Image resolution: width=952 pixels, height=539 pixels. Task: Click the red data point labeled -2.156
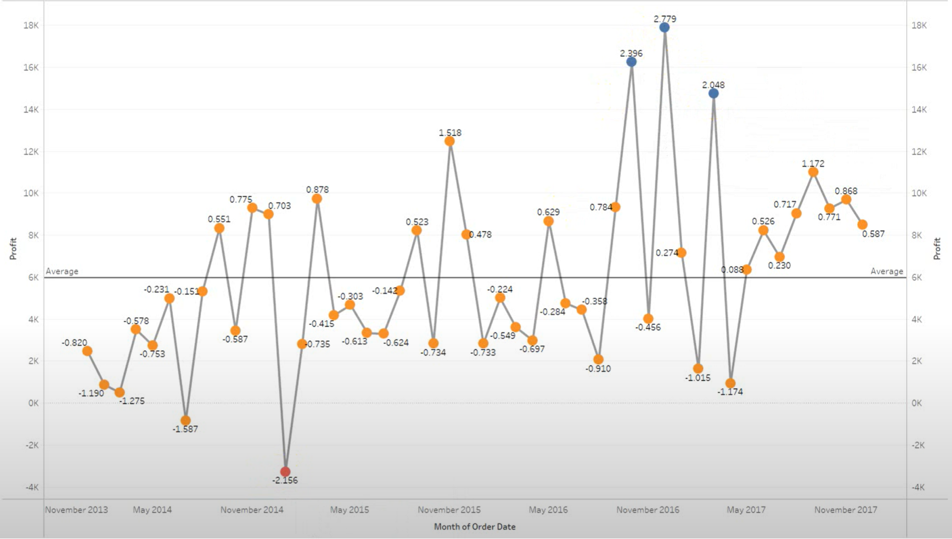285,472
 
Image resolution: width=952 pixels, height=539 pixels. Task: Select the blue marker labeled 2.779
664,27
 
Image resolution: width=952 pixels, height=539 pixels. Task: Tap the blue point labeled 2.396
631,62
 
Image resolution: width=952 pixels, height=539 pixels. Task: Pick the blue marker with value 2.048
713,94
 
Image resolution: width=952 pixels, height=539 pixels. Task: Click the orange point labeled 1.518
450,141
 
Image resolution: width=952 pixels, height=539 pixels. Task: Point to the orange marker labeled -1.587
186,420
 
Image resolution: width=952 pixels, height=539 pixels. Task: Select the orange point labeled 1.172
813,172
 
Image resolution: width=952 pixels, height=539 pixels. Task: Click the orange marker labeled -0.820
87,351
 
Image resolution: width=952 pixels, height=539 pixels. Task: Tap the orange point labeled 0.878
317,199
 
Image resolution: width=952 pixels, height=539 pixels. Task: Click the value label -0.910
598,369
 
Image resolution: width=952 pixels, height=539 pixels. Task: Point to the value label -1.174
730,392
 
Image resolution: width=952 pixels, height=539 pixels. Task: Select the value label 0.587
873,234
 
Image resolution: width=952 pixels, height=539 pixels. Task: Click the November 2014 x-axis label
252,510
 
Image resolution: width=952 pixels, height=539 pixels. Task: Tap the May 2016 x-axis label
548,510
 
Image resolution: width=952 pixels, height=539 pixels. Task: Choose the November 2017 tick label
846,510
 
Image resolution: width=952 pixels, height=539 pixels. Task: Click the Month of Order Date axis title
474,526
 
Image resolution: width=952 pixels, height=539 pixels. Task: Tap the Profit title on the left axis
13,249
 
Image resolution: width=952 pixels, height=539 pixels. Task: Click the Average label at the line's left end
62,271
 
